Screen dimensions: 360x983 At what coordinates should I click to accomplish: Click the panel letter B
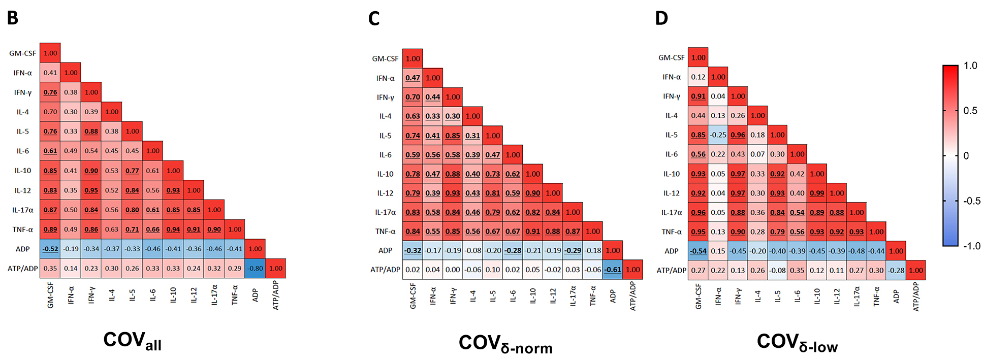13,18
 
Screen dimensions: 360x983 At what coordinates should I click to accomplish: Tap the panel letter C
374,19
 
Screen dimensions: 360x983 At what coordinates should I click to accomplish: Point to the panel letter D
661,18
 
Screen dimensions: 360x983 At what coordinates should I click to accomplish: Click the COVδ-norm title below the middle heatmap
505,344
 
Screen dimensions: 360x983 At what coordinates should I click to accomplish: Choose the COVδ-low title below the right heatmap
797,342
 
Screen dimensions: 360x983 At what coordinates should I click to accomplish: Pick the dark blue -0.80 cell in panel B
255,269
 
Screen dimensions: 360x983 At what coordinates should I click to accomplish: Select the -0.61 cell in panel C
613,270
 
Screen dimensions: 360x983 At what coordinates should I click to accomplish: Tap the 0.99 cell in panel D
817,193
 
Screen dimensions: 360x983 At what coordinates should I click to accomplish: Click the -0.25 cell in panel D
718,135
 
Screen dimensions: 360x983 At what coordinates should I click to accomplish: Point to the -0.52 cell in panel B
50,249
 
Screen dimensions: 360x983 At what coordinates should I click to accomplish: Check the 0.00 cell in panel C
453,270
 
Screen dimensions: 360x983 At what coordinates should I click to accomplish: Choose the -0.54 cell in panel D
698,251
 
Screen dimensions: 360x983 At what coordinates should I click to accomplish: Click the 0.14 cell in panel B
71,269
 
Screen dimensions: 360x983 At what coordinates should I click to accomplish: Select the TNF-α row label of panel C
385,232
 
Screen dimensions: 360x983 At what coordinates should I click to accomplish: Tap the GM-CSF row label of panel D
671,58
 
